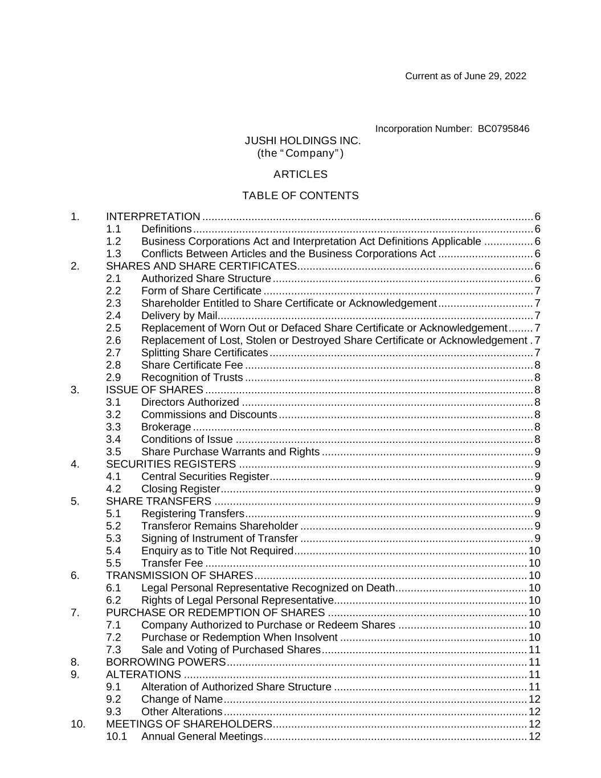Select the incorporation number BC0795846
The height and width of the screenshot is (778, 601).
[x=503, y=129]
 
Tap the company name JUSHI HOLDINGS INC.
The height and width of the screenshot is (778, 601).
[x=302, y=141]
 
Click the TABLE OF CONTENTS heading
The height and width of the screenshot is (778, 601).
[x=300, y=196]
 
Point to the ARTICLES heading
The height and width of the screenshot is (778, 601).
[x=300, y=174]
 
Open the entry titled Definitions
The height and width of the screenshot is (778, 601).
[x=166, y=229]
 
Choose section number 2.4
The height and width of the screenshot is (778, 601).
[x=113, y=316]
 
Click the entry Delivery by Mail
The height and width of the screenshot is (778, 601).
[x=179, y=316]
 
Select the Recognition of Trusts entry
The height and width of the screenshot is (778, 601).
[x=192, y=378]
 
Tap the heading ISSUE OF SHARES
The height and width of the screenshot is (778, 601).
[x=154, y=390]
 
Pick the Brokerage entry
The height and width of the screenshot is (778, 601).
[x=166, y=427]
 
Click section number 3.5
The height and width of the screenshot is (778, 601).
[x=113, y=452]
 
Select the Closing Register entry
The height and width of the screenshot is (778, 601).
[x=180, y=489]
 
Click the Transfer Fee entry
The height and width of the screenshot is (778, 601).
[x=172, y=564]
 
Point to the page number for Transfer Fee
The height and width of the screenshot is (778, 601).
[x=534, y=564]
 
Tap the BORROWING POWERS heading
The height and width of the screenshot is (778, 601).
[x=166, y=662]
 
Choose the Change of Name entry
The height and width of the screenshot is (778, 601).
[x=182, y=699]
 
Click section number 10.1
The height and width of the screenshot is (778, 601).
[x=116, y=737]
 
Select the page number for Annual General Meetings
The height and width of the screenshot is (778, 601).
[x=534, y=737]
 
